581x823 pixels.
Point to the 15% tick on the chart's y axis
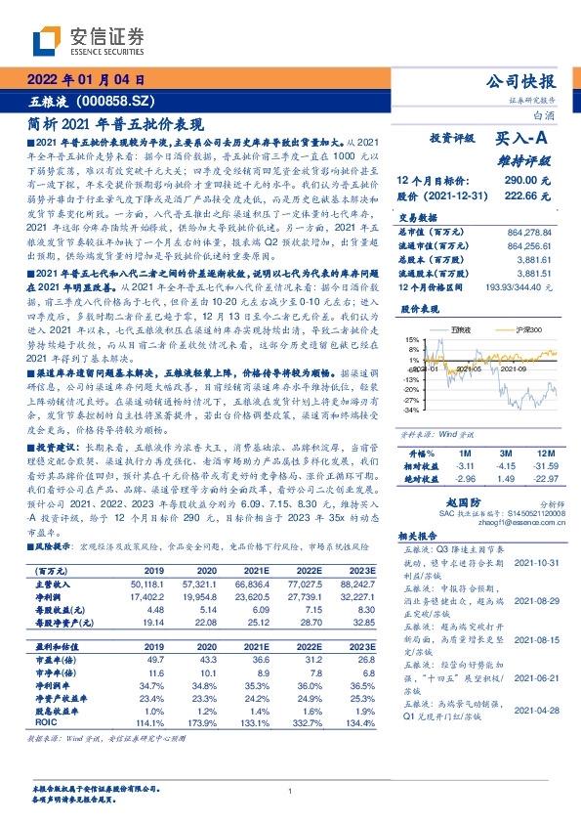pos(412,338)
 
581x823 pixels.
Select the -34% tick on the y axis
pos(410,411)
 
